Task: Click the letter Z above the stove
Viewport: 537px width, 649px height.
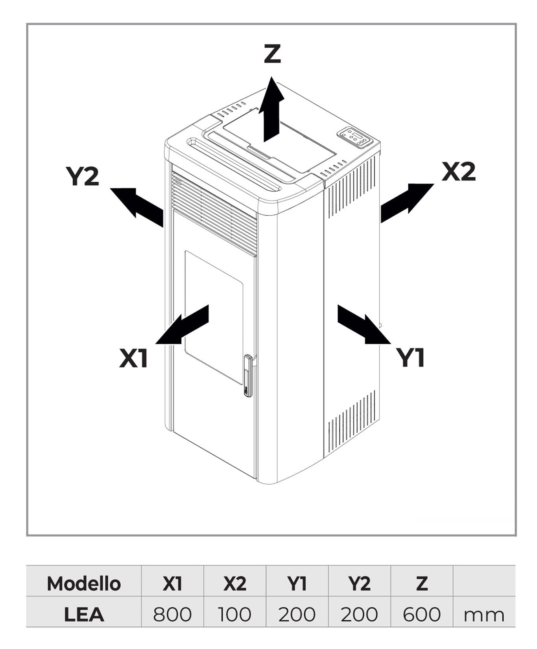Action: click(272, 54)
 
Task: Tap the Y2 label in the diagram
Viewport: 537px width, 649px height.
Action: click(82, 176)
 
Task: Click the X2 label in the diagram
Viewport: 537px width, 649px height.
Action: click(458, 171)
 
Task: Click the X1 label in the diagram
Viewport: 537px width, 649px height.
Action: click(133, 358)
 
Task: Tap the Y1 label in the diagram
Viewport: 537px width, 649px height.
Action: click(410, 357)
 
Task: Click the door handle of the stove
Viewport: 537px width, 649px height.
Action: click(247, 376)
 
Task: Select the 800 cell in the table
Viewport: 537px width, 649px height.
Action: click(172, 614)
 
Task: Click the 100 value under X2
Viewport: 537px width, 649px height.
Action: click(234, 614)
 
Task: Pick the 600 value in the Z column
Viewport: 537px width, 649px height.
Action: click(421, 614)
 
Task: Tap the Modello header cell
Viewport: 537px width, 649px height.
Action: click(84, 584)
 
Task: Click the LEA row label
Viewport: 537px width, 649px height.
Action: click(84, 614)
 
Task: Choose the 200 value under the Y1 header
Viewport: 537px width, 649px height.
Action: click(297, 614)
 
